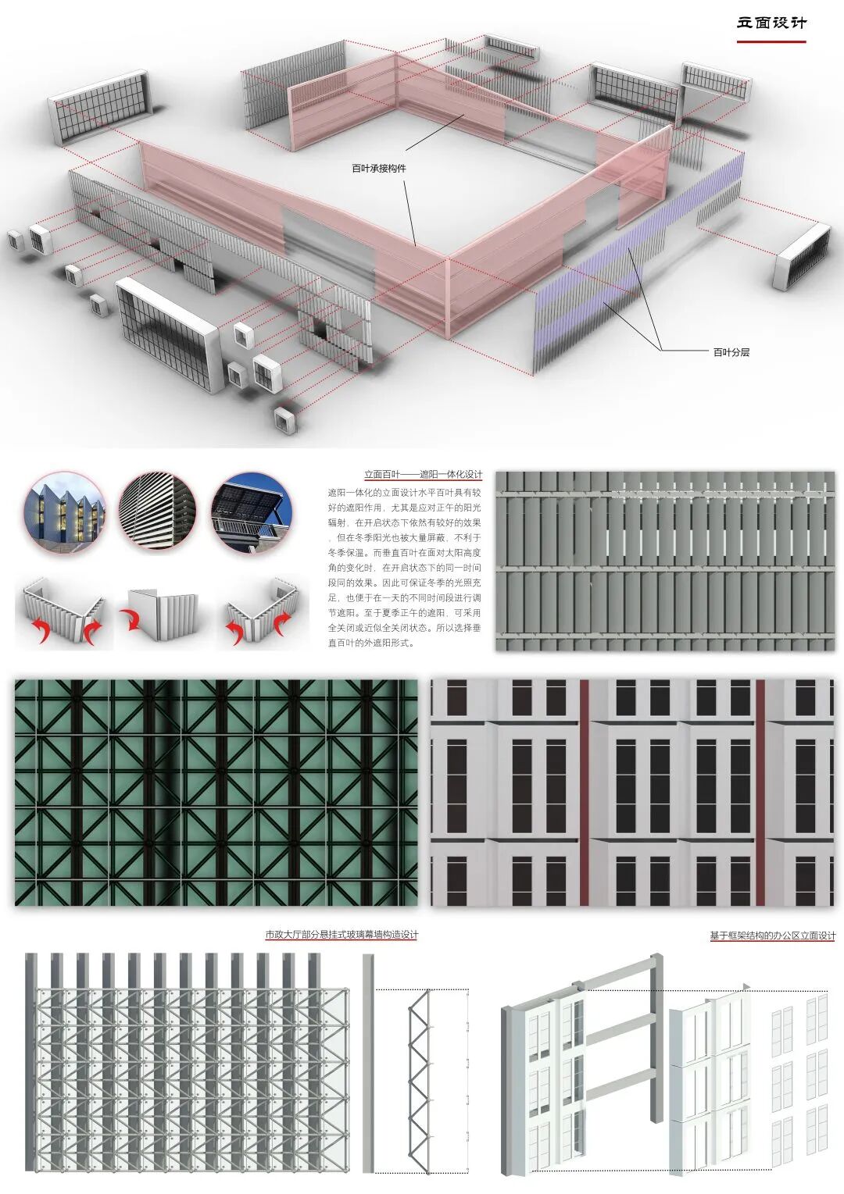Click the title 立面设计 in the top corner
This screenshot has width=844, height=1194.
tap(771, 23)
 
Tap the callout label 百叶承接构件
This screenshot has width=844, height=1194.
tap(378, 168)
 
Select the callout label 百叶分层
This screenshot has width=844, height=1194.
tap(731, 352)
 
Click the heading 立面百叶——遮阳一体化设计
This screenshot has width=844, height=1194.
tap(423, 474)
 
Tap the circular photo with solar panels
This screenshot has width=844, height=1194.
tap(251, 512)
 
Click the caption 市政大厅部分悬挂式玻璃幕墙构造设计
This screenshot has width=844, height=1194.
tap(342, 935)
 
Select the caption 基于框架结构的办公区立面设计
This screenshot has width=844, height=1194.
tap(772, 935)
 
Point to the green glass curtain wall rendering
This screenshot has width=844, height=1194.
tap(216, 792)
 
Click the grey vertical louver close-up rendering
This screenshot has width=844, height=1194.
tap(664, 561)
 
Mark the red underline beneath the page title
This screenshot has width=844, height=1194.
tap(771, 41)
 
